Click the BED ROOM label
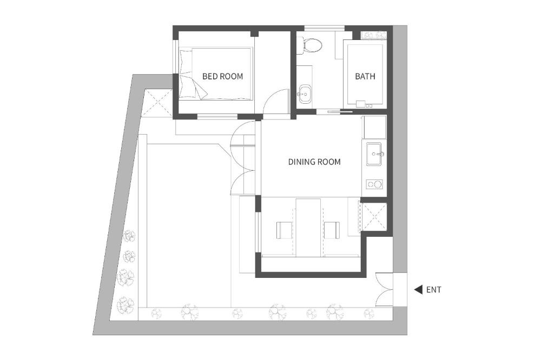click(222, 76)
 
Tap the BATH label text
click(365, 76)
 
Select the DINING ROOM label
click(314, 162)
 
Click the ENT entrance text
click(433, 290)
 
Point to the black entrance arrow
click(418, 290)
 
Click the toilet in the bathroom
click(311, 45)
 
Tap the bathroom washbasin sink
click(305, 94)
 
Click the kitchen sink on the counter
click(374, 155)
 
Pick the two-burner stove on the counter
click(374, 184)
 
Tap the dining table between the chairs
click(308, 227)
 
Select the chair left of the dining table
click(285, 230)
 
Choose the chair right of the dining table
click(332, 230)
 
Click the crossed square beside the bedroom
click(157, 103)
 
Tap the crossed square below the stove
click(374, 216)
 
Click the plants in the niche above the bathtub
click(374, 35)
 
